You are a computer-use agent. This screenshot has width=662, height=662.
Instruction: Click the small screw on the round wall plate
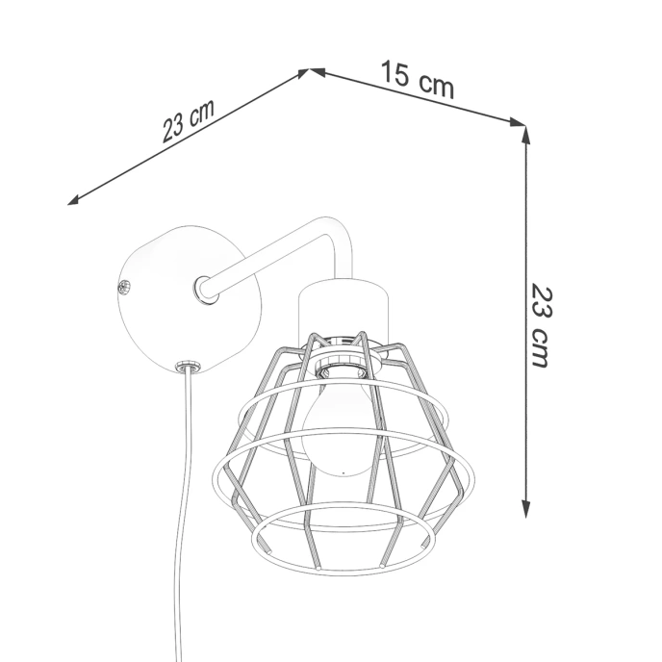[123, 286]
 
